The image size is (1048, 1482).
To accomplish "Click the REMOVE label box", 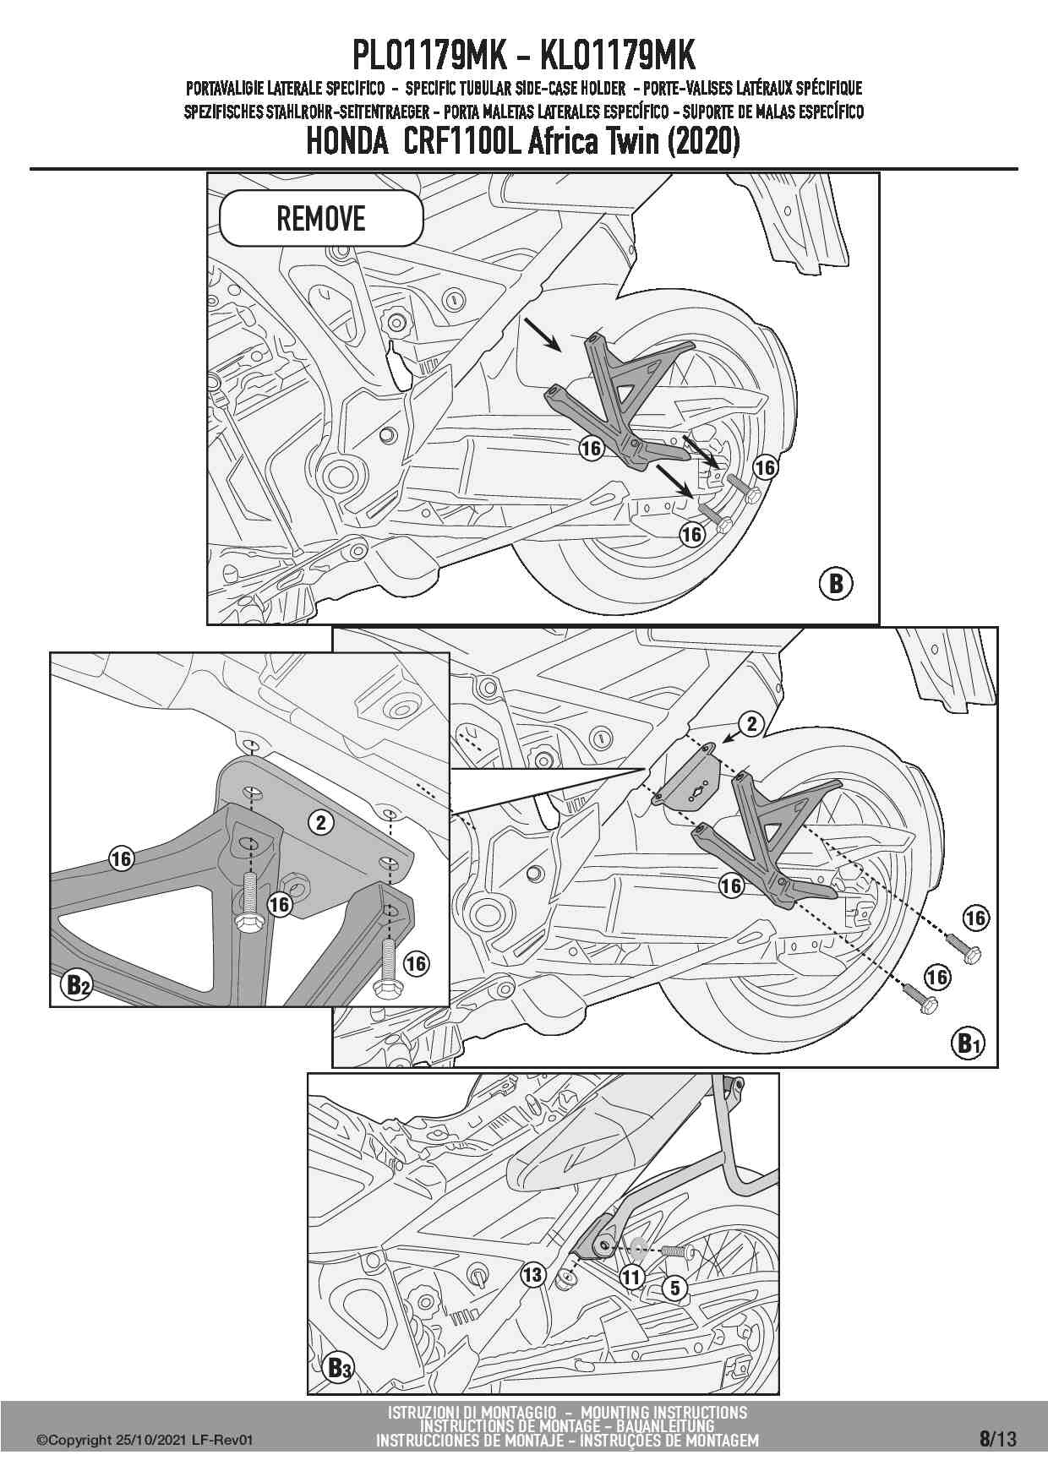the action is (321, 219).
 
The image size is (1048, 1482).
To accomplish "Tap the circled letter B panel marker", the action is (836, 583).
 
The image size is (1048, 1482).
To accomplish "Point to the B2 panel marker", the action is (77, 984).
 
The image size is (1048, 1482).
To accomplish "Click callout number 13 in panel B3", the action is (532, 1273).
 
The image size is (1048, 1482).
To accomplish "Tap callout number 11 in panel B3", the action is (632, 1278).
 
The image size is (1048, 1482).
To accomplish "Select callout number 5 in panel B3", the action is (674, 1289).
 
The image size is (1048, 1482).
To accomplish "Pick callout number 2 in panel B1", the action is (751, 723).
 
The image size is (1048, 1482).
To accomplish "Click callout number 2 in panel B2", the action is (320, 821).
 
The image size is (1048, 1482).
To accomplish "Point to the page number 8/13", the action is (998, 1439).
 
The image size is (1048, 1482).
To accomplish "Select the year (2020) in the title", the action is (704, 141).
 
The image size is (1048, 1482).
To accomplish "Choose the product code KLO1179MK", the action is (617, 57).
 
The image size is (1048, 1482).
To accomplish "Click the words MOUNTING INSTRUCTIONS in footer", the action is (664, 1412).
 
